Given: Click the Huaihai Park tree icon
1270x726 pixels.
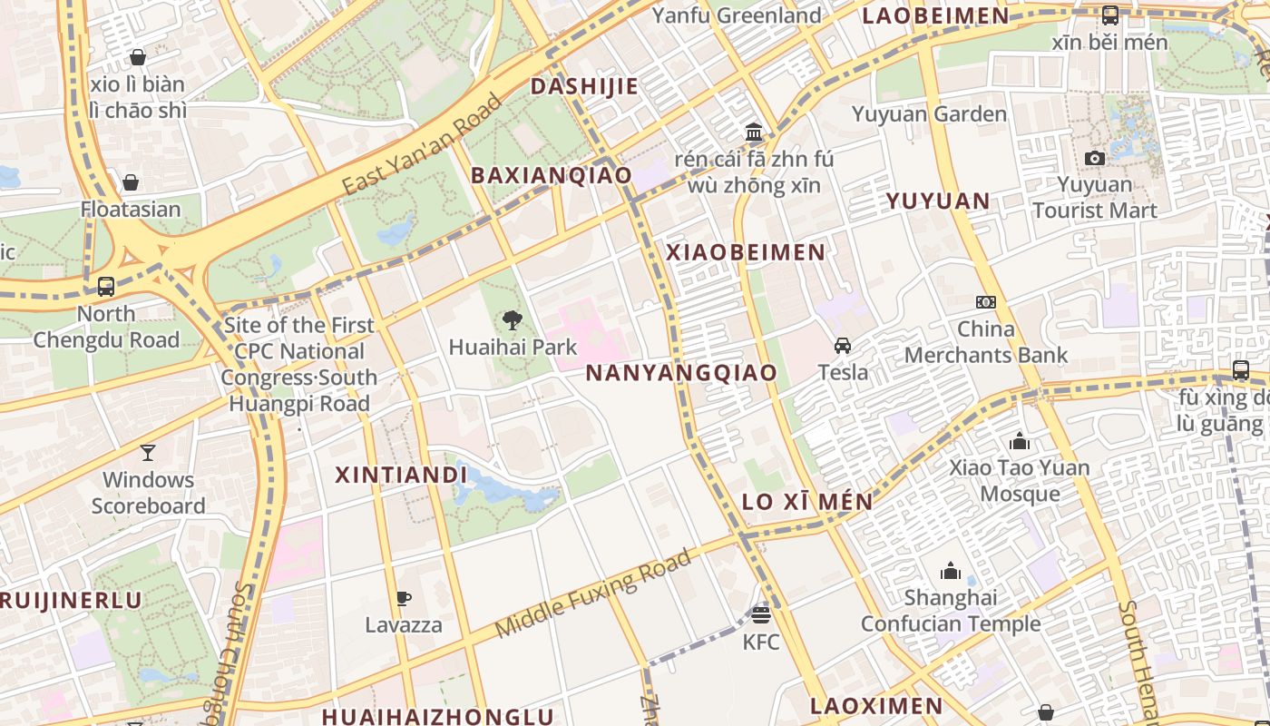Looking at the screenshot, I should [x=512, y=319].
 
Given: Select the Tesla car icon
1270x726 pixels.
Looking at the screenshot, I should [x=843, y=345].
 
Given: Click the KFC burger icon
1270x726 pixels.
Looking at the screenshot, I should [x=761, y=615].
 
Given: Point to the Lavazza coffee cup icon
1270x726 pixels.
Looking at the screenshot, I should [x=404, y=598].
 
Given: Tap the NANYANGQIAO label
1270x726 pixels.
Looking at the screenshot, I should [x=681, y=372].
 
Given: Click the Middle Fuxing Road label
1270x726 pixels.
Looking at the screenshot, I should [x=593, y=594].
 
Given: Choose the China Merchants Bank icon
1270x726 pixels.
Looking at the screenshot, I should [x=986, y=301].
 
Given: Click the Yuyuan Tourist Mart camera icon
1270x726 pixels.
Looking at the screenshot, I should [x=1095, y=158].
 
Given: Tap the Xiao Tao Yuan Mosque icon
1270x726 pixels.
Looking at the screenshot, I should [x=1020, y=441].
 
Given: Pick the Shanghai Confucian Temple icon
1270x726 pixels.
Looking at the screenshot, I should [x=951, y=571].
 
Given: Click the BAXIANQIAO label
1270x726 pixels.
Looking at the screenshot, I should [x=551, y=175].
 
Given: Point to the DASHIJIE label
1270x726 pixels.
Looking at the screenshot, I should [x=584, y=86].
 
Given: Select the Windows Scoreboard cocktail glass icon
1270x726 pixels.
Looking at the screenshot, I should [x=148, y=452].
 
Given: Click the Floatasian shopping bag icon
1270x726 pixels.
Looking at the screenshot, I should [x=131, y=182].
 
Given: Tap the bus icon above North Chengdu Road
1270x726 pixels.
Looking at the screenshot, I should [x=106, y=287].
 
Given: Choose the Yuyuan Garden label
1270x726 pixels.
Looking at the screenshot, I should [x=929, y=114].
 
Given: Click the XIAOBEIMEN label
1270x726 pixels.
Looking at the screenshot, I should [x=746, y=252].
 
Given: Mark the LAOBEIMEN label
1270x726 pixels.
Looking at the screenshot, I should [x=935, y=15].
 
